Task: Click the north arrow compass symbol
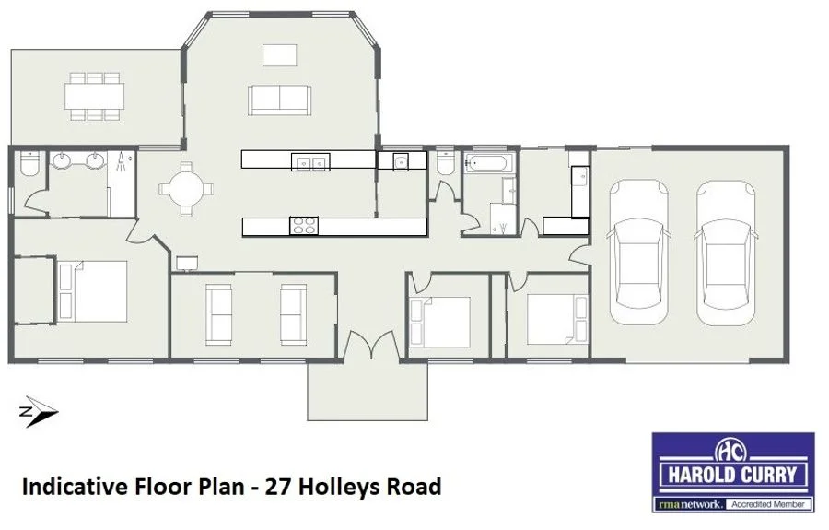39,414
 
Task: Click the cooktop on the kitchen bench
304,226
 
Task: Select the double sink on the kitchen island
310,163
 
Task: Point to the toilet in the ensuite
27,165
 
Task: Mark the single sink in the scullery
401,163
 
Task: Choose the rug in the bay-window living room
278,55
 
